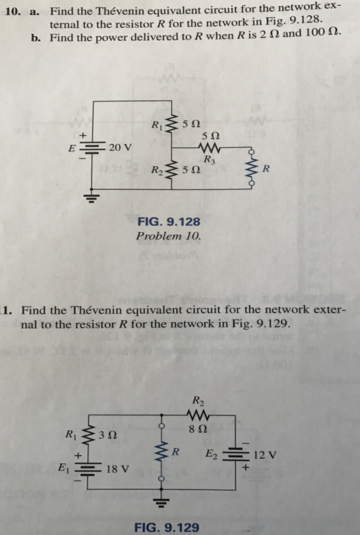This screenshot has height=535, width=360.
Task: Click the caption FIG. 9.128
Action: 169,222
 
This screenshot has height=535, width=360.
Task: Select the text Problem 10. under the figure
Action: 169,236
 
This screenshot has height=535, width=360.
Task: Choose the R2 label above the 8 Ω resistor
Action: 198,399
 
